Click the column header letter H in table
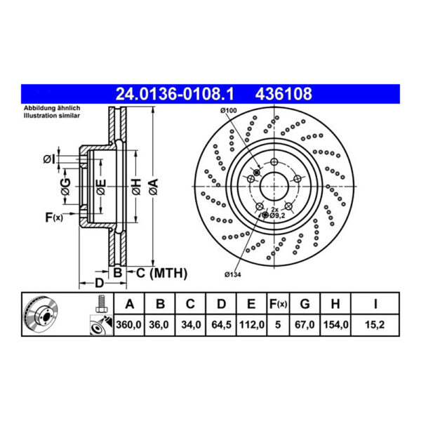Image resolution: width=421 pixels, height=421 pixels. tap(336, 305)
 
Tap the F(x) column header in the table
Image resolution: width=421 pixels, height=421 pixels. tap(278, 305)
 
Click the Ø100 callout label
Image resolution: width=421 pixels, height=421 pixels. tap(229, 112)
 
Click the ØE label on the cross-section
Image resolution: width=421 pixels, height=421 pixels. tap(101, 185)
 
